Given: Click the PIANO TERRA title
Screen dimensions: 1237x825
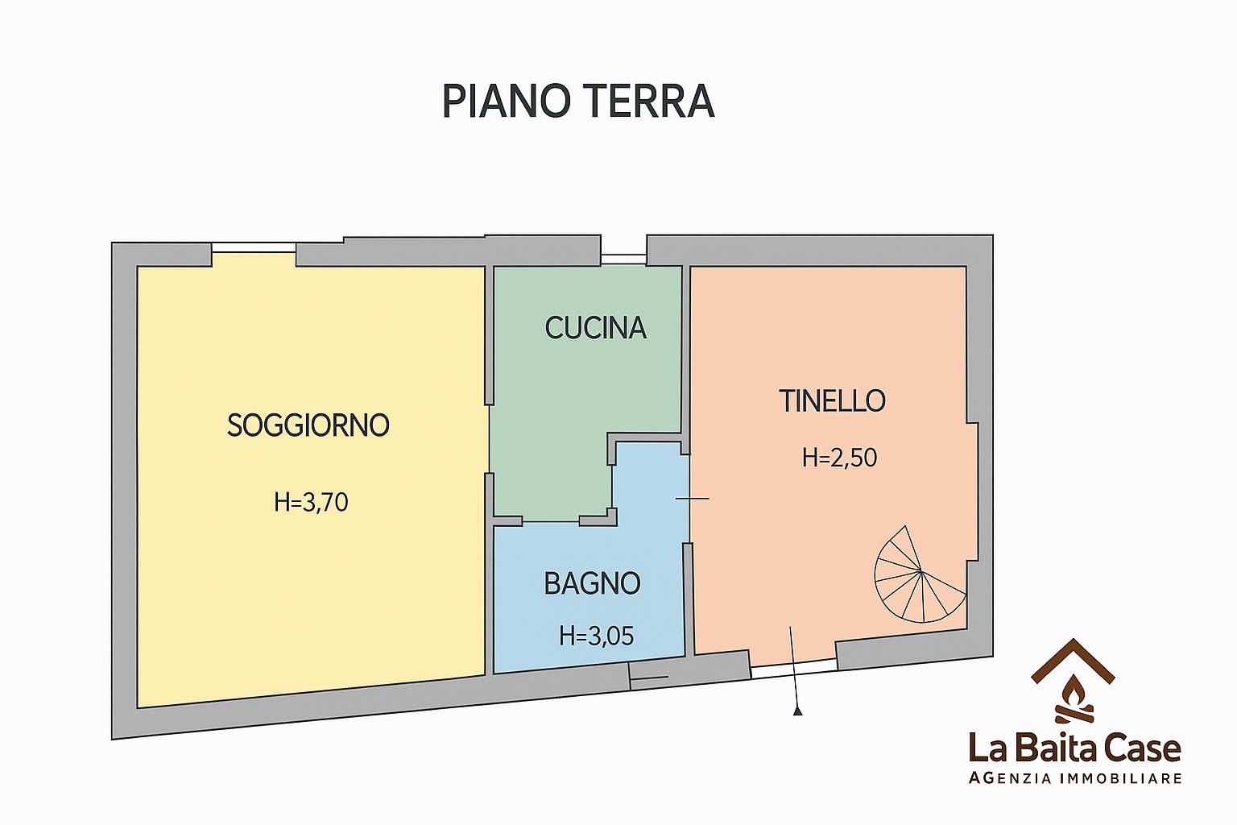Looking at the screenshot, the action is click(x=578, y=102).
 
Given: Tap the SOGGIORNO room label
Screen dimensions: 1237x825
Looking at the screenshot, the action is click(x=308, y=425).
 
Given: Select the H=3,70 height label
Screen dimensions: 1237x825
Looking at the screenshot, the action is click(x=311, y=503).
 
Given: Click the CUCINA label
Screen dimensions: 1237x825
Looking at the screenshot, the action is click(x=595, y=328).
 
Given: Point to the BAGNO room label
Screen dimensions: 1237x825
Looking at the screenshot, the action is click(x=592, y=583).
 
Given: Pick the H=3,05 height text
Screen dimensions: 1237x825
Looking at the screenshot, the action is click(x=597, y=636).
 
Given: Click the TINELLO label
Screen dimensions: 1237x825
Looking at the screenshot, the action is click(x=832, y=401).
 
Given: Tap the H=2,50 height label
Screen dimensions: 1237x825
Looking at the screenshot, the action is click(x=839, y=458).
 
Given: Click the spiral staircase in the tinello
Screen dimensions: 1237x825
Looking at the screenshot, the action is click(x=920, y=573).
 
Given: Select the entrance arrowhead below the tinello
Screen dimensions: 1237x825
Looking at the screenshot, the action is click(x=797, y=711).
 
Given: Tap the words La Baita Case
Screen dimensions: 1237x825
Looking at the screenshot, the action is click(x=1074, y=748).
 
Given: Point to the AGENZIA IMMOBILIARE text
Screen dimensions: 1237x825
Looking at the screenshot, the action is click(x=1075, y=778).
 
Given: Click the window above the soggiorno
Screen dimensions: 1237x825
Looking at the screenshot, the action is click(x=254, y=248).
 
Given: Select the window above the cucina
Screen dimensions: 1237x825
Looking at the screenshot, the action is click(x=623, y=259).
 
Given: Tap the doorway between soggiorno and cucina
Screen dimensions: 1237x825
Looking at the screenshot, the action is click(x=490, y=439).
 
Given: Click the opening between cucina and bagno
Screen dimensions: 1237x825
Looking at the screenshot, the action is click(x=551, y=521).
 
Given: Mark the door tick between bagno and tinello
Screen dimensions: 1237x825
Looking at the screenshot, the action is click(x=692, y=499).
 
